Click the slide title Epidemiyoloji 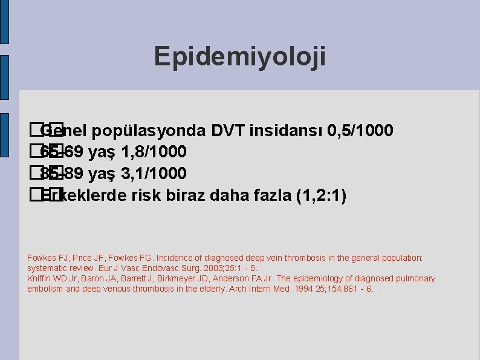(x=240, y=56)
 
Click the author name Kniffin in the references (x=40, y=278)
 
